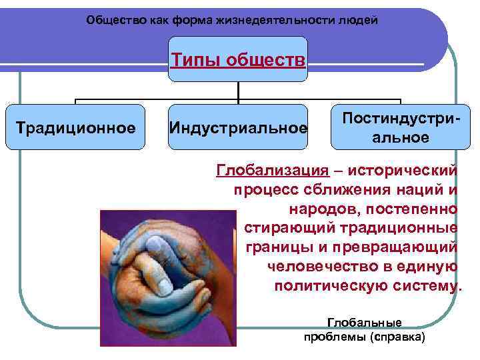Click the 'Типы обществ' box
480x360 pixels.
point(238,60)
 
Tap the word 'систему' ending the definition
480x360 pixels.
point(425,286)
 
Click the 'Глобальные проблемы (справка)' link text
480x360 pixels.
point(363,329)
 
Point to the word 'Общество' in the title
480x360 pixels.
point(110,20)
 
